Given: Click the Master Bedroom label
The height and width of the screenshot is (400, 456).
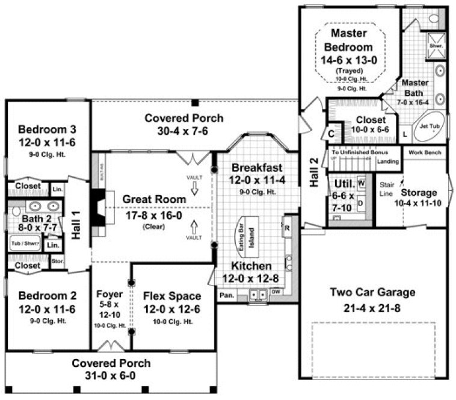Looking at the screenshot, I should [x=348, y=40].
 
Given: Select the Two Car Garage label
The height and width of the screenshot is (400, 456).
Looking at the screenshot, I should [x=372, y=293].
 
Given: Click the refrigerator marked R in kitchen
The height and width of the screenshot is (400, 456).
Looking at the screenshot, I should [x=287, y=228].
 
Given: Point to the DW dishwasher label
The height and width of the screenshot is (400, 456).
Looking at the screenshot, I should [x=276, y=292].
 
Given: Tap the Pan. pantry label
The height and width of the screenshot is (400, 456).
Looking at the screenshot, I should [x=227, y=295].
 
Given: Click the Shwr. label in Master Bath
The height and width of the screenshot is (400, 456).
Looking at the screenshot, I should [x=436, y=45].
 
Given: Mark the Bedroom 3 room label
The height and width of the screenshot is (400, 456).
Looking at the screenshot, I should [x=47, y=130].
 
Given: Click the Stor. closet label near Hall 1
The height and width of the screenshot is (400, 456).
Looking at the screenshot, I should [x=58, y=261].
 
